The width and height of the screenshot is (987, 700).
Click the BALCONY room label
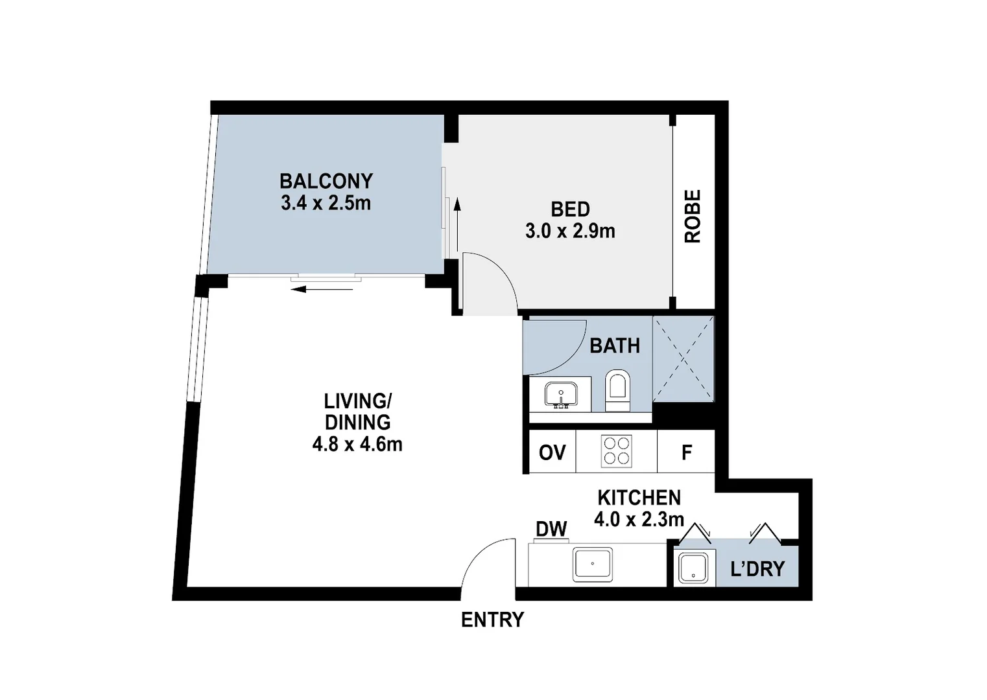tap(326, 181)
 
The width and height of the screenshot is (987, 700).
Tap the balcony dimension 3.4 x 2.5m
tap(326, 203)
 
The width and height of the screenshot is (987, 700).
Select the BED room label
tap(570, 209)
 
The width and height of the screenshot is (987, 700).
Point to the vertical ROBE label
tap(693, 216)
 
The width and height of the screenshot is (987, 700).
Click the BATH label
tap(614, 346)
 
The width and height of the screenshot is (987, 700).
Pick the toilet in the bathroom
tap(617, 390)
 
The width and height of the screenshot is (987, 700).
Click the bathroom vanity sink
tap(561, 394)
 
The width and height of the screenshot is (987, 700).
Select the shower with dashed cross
tap(683, 358)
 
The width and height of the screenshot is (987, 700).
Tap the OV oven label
tap(552, 452)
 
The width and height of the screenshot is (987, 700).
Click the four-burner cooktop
tap(616, 451)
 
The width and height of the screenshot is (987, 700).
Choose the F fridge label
tap(686, 452)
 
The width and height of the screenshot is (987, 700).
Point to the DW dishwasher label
tap(551, 530)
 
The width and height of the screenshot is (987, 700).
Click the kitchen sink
tap(592, 565)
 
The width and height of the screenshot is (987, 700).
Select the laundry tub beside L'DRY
tap(694, 568)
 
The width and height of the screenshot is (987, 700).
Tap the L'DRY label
tap(757, 569)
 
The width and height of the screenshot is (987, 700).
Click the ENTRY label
tap(492, 620)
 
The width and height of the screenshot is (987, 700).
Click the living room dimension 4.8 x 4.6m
tap(357, 445)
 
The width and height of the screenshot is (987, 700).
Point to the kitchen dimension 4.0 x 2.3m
tap(639, 520)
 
